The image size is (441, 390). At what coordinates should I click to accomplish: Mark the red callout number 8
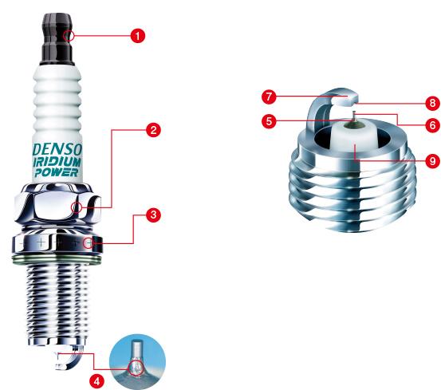pyautogui.click(x=432, y=102)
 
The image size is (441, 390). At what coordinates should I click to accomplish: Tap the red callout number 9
pyautogui.click(x=432, y=160)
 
